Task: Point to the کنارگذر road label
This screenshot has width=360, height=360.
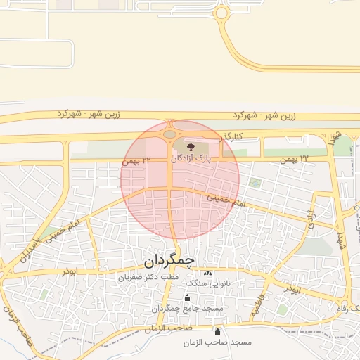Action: [229, 135]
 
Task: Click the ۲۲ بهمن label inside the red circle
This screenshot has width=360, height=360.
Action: [136, 161]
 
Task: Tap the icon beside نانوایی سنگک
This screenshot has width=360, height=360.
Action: [207, 273]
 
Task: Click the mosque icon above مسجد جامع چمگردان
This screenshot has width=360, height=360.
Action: [187, 297]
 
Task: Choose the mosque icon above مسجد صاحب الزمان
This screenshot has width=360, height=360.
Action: [217, 331]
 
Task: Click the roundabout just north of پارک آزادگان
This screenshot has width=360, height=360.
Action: [169, 134]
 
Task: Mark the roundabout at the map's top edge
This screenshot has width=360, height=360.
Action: [222, 12]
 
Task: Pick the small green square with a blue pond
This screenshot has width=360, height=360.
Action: [255, 184]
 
